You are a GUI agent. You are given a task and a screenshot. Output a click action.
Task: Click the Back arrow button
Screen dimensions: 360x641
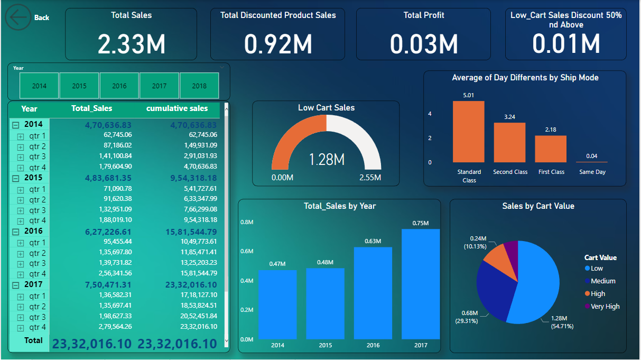coord(18,17)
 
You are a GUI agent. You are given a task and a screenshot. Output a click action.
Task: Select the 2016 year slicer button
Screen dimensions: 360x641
coord(119,86)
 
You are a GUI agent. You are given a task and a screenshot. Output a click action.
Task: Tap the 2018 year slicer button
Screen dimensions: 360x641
coord(199,86)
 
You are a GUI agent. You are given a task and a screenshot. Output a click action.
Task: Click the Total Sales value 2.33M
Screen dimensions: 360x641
coord(131,43)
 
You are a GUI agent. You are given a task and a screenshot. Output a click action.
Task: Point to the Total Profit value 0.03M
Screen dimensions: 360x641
coord(423,43)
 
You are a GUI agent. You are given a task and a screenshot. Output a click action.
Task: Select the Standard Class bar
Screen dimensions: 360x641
coord(468,132)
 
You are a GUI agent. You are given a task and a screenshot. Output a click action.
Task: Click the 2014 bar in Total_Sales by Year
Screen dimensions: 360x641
coord(277,304)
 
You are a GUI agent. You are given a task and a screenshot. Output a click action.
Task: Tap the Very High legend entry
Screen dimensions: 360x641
coord(605,307)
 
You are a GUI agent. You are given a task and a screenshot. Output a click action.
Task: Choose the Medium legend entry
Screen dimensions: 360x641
coord(602,281)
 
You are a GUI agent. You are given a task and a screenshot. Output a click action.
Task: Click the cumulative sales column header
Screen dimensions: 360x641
coord(177,108)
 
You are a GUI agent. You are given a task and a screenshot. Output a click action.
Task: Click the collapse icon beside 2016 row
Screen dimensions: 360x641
coord(16,232)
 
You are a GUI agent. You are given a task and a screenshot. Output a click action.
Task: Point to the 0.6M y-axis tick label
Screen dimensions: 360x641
coord(247,251)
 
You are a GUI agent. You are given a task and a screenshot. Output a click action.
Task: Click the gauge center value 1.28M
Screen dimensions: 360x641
coord(326,159)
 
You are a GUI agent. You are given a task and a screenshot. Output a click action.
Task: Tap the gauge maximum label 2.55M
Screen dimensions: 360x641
coord(370,178)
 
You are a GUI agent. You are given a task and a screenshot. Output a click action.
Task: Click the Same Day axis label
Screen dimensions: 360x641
coord(592,172)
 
